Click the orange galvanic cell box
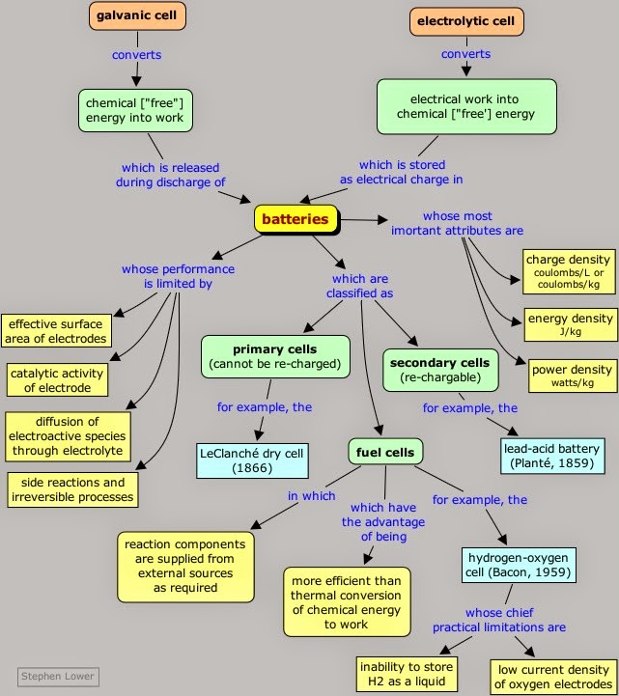coord(137,15)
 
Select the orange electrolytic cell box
coord(465,19)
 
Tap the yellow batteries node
coord(295,219)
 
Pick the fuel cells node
coord(386,451)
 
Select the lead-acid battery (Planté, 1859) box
coord(553,457)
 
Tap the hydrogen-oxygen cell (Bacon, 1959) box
coord(519,565)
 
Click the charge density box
coord(568,271)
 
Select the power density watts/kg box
coord(570,376)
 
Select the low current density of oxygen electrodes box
coord(552,678)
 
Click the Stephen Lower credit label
coord(58,676)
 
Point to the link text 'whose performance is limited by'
coord(178,276)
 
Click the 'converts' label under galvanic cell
coord(136,54)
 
